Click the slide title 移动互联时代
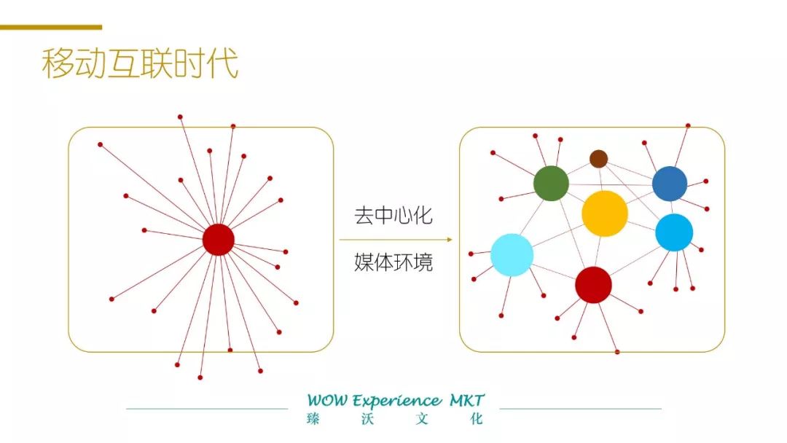(140, 64)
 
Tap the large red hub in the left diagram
(218, 240)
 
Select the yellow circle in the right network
(605, 213)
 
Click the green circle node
(551, 183)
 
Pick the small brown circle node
(598, 159)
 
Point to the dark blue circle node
(670, 184)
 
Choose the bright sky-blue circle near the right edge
(674, 232)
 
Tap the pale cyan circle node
(512, 255)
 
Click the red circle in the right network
(593, 285)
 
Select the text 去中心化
(393, 216)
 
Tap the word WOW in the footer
(327, 401)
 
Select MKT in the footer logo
(467, 400)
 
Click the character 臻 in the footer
(313, 419)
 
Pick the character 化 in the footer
(477, 419)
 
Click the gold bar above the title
(51, 27)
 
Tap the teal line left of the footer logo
(207, 409)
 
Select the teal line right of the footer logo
(580, 409)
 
